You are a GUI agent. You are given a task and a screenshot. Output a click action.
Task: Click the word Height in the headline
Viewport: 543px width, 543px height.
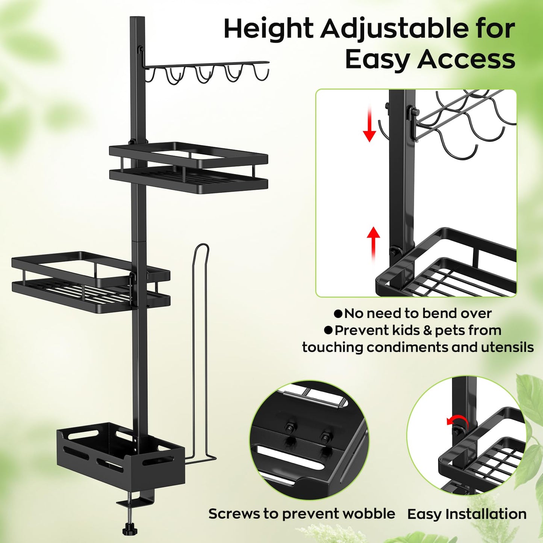[x=268, y=30]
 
